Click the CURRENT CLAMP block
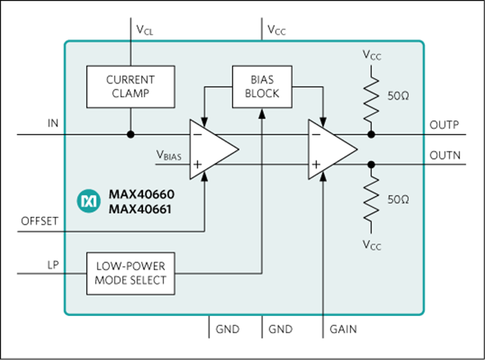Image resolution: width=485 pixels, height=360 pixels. click(130, 86)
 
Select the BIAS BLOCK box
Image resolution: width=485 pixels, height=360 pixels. click(262, 86)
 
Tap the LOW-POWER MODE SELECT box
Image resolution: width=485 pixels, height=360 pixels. click(130, 274)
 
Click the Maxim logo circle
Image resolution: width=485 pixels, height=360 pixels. click(89, 201)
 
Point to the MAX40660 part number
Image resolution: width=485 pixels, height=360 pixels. click(142, 194)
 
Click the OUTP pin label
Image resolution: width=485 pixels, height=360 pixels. click(444, 125)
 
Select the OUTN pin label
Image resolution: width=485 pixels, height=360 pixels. click(445, 155)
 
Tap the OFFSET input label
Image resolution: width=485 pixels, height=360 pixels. click(40, 221)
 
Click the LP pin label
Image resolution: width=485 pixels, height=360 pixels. click(53, 265)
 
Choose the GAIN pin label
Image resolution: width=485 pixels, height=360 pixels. click(343, 329)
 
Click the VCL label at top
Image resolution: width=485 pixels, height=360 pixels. click(145, 30)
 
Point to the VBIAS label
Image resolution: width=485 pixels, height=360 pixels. click(169, 155)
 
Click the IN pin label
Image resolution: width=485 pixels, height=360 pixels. click(53, 123)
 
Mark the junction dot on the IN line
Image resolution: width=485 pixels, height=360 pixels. click(131, 135)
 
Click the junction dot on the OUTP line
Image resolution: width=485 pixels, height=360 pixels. click(371, 135)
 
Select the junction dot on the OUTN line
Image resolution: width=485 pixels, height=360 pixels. click(371, 164)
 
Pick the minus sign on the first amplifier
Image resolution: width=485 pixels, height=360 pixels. click(197, 135)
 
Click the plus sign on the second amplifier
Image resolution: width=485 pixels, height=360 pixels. click(316, 164)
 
